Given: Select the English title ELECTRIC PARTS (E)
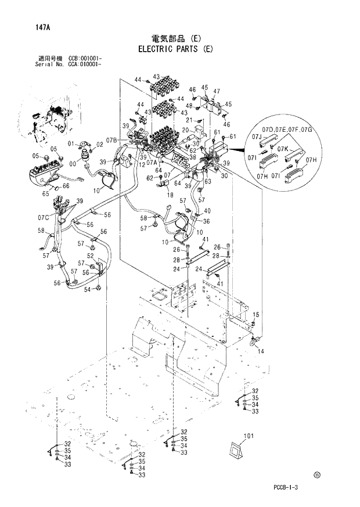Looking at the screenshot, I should [x=175, y=49].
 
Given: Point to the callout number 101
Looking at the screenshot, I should [x=249, y=436].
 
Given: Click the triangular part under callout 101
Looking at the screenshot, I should [x=236, y=452].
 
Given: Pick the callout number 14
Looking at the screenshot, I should [x=261, y=351].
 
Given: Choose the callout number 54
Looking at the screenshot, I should [x=87, y=289].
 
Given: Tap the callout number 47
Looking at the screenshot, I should [x=216, y=92].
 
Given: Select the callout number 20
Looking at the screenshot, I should [x=186, y=130].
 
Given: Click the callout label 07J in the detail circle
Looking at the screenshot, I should [x=258, y=136].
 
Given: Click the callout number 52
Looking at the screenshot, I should [x=91, y=256].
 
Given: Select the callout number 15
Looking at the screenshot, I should [x=256, y=315].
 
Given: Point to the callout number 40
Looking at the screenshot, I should [x=207, y=210].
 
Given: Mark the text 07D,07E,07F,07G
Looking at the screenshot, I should [x=287, y=128].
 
